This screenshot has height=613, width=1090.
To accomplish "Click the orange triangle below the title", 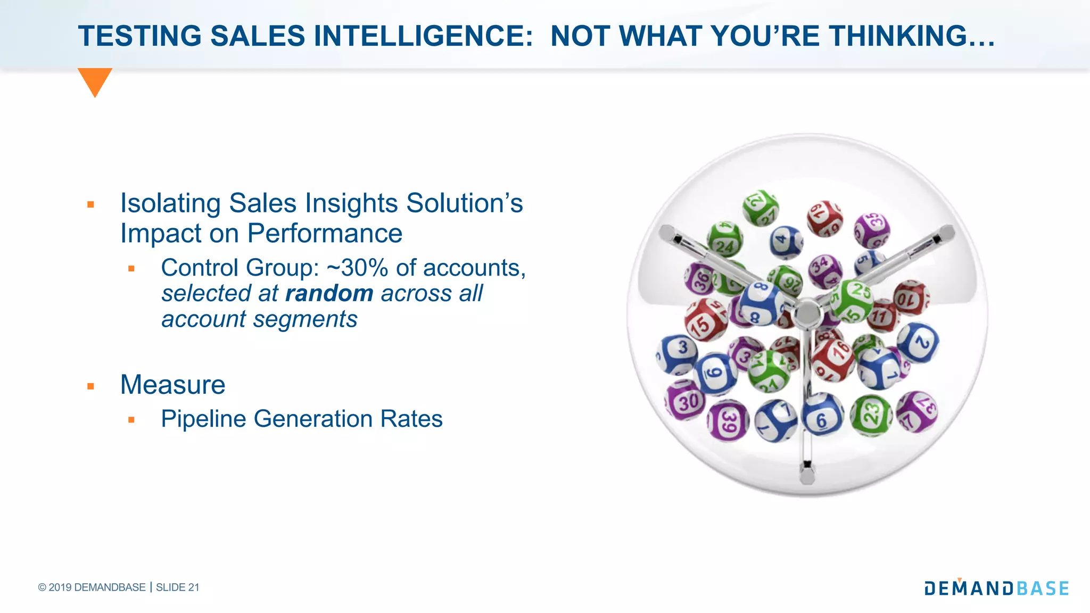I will [x=95, y=80].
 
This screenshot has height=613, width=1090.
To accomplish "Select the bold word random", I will [x=329, y=294].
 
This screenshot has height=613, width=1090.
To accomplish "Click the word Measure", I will [x=172, y=385].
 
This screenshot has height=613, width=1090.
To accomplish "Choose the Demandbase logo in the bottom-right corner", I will [x=996, y=587].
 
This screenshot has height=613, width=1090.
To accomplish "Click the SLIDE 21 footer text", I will [x=177, y=587].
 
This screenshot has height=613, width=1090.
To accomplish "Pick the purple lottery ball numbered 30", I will [x=686, y=400].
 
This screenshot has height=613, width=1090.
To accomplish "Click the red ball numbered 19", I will [x=824, y=219].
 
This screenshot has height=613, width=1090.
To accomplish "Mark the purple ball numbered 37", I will [x=916, y=411].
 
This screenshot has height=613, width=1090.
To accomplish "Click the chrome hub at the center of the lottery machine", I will [x=807, y=314].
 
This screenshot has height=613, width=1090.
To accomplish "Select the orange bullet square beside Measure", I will [x=90, y=386].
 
